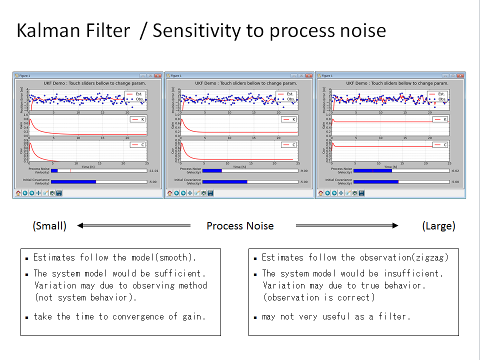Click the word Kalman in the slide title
[47, 31]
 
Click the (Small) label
[49, 226]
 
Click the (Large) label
[438, 226]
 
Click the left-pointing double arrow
[133, 226]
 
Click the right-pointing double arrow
[347, 226]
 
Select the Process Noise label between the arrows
[240, 226]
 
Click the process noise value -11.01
[153, 170]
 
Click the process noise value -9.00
[304, 170]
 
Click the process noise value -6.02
[455, 170]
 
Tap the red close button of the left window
[158, 75]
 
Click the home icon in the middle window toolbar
[169, 193]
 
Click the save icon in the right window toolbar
[360, 193]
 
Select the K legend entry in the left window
[138, 119]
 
